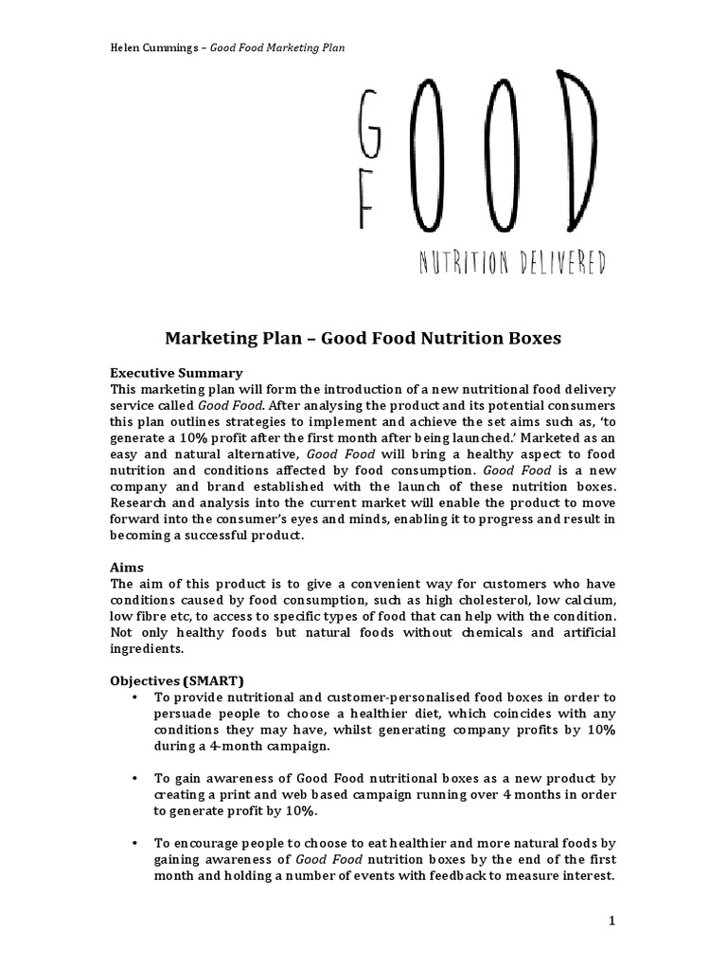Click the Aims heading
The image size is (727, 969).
pyautogui.click(x=127, y=566)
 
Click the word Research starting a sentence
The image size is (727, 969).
pyautogui.click(x=141, y=502)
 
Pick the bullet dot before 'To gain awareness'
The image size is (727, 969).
pyautogui.click(x=136, y=778)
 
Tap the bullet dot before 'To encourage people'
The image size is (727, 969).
pyautogui.click(x=136, y=843)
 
